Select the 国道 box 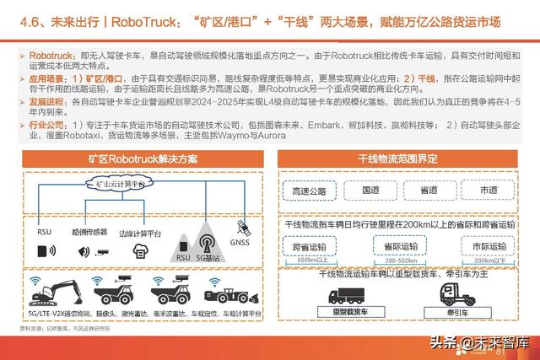(371, 191)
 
